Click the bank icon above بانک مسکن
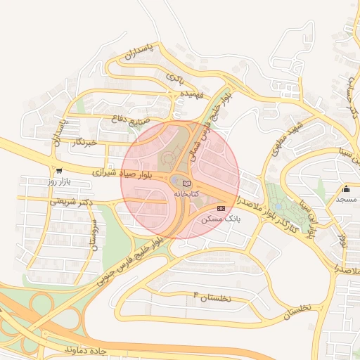tap(221, 208)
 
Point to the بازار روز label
tap(60, 181)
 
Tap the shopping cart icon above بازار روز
tap(58, 170)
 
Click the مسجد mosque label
tap(346, 200)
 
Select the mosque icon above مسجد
tap(346, 189)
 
